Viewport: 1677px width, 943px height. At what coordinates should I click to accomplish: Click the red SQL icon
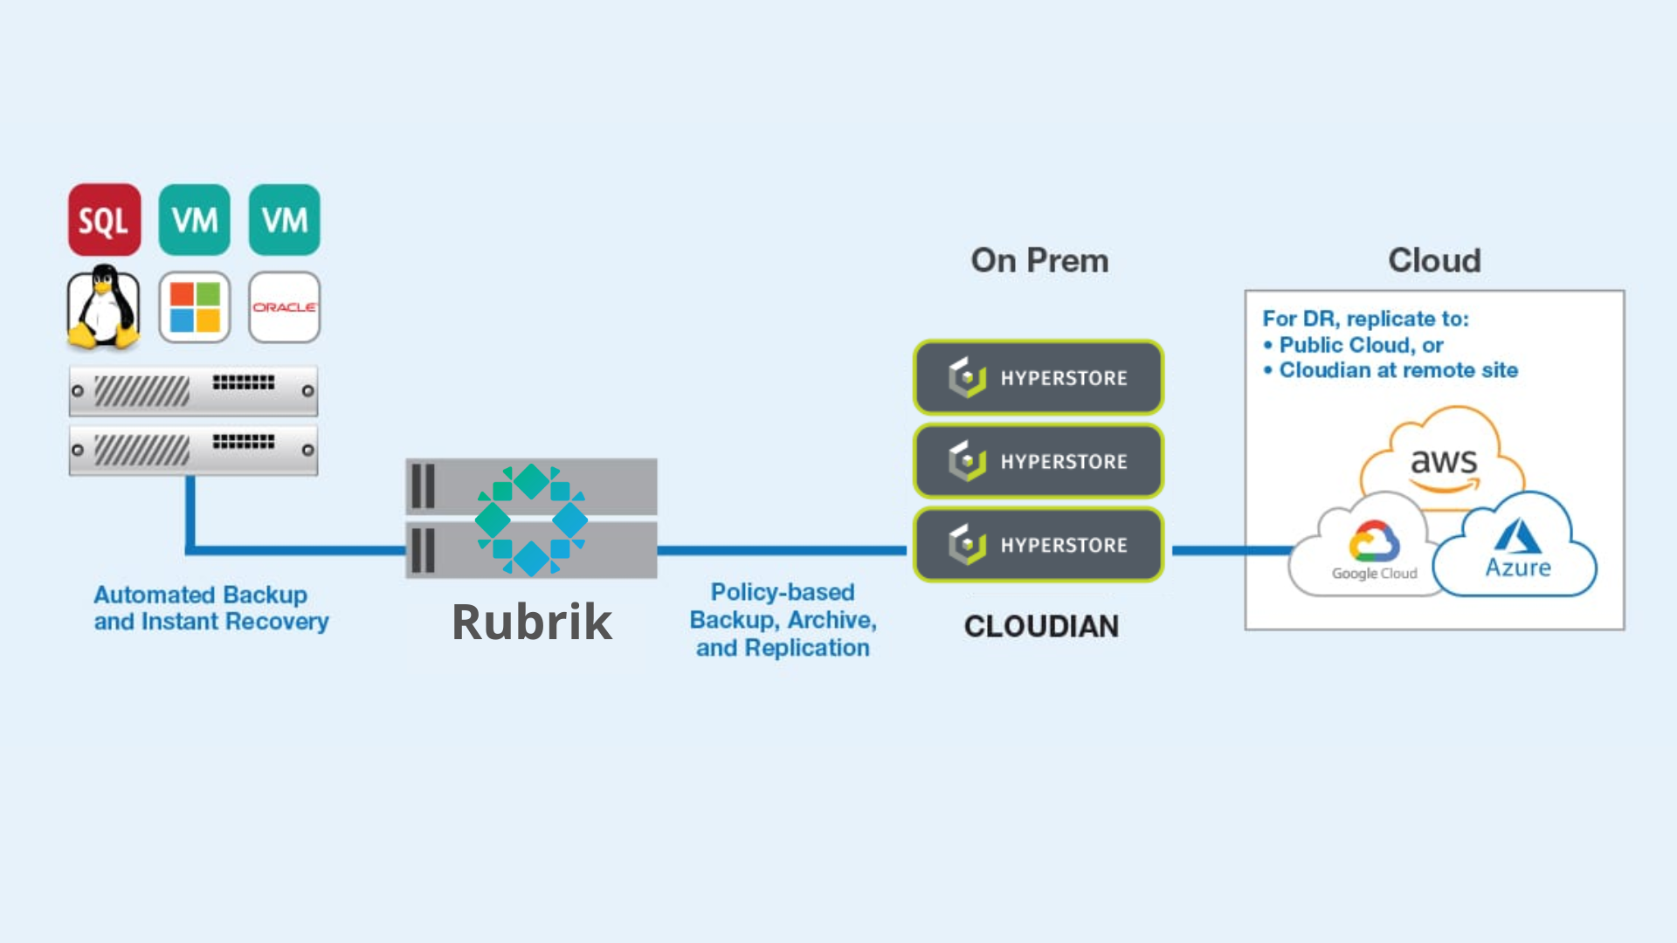(x=105, y=220)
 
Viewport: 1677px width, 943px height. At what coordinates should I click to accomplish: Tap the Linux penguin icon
(x=104, y=307)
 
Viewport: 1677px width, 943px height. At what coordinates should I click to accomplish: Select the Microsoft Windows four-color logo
(x=195, y=307)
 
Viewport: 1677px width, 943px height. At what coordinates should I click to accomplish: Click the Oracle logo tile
(x=285, y=307)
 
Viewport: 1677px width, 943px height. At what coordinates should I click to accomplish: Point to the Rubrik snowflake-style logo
(x=531, y=520)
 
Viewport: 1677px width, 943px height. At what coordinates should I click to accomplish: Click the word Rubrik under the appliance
(x=532, y=623)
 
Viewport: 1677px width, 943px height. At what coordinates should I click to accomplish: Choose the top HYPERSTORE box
(x=1039, y=377)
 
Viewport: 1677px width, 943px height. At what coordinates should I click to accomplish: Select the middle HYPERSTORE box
(x=1039, y=461)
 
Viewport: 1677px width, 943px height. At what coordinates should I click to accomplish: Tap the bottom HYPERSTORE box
(x=1039, y=545)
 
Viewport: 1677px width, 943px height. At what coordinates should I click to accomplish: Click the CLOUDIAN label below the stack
(x=1041, y=626)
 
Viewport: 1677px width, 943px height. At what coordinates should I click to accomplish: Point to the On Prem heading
(x=1039, y=260)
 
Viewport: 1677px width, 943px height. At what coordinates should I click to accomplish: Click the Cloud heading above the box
(x=1434, y=260)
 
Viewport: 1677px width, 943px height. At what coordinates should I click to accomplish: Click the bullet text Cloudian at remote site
(x=1398, y=370)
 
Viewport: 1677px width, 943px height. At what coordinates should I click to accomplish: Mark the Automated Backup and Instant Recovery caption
(x=210, y=608)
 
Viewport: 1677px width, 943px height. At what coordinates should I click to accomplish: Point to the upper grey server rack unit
(x=194, y=390)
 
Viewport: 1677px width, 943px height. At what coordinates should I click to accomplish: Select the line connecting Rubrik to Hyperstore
(x=782, y=550)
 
